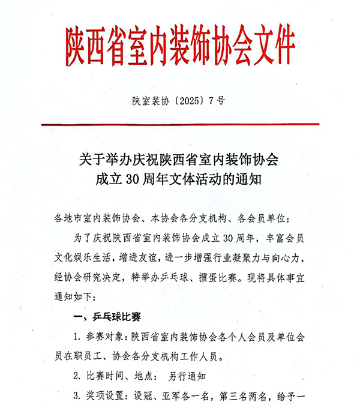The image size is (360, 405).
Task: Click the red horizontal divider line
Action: coord(180,124)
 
